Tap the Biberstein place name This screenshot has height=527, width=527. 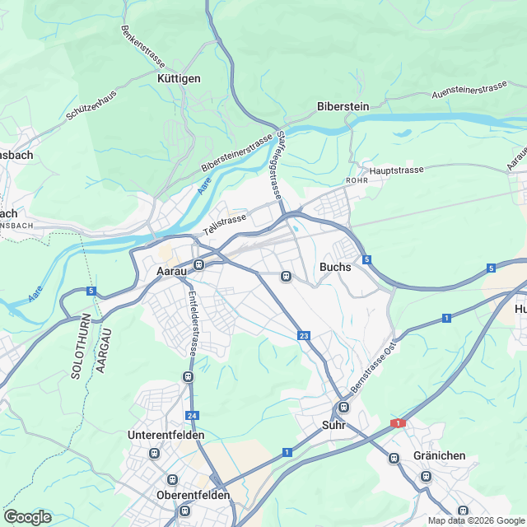pos(343,106)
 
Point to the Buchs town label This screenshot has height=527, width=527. pos(335,267)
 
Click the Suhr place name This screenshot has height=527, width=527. pos(333,426)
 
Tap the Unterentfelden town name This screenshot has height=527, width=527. pos(166,434)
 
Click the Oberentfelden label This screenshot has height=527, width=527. pos(193,495)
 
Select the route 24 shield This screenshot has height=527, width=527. pos(192,416)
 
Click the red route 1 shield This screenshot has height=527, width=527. pos(399,422)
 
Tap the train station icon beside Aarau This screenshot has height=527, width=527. pos(198,264)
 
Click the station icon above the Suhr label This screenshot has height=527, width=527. pos(343,407)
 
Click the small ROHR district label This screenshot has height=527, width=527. pos(357,180)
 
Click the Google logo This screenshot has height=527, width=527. pos(27,516)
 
